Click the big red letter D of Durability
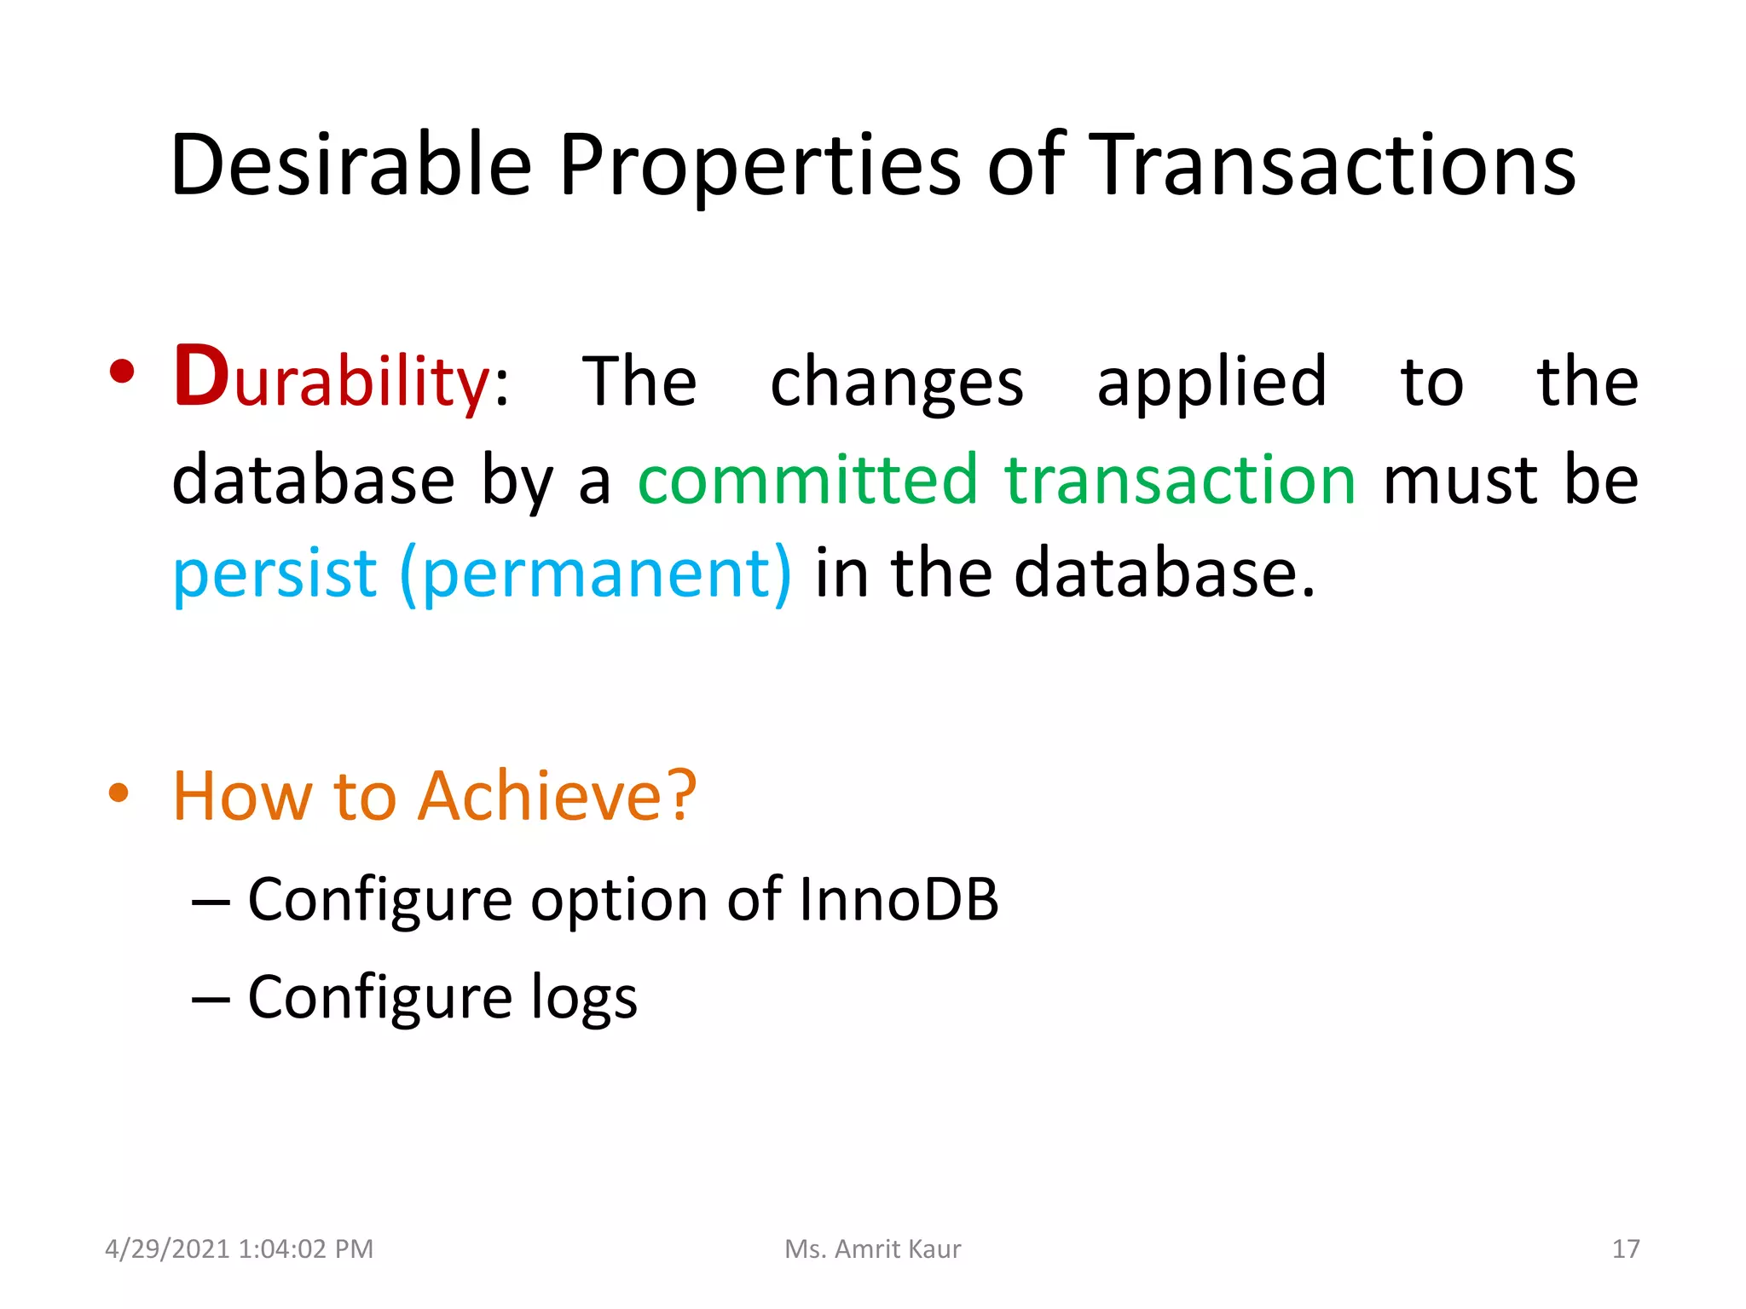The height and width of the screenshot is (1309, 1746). click(201, 376)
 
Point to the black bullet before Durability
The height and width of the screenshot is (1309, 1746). click(122, 372)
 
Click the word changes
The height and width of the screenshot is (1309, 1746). click(896, 383)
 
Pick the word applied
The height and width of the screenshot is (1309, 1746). click(1211, 383)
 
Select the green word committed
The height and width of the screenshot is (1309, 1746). click(807, 479)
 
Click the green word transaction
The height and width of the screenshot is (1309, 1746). click(1180, 479)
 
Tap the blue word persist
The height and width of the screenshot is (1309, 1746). click(274, 574)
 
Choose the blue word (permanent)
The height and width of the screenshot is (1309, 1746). click(595, 574)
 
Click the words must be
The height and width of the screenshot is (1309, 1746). click(1510, 479)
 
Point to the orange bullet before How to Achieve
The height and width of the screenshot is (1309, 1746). click(119, 793)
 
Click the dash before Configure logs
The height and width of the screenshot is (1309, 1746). click(211, 998)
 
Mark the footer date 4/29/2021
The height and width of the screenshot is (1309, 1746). click(168, 1248)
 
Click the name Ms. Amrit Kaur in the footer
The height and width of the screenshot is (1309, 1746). click(872, 1248)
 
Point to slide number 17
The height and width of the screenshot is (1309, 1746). click(1625, 1248)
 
